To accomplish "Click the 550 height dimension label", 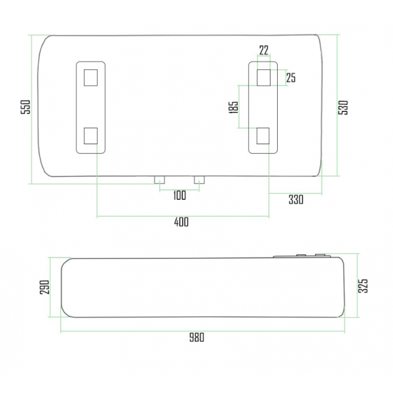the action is (x=26, y=107).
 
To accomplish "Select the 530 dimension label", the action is (x=343, y=107).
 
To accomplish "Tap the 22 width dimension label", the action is (x=264, y=50).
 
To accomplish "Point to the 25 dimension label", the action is (x=291, y=78).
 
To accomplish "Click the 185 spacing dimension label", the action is (x=234, y=107).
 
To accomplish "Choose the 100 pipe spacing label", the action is (x=179, y=195).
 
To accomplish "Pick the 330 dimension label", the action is (x=296, y=200).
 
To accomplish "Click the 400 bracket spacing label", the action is (x=181, y=222).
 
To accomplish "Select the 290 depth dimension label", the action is (x=45, y=288).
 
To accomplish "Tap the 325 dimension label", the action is (x=363, y=286).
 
